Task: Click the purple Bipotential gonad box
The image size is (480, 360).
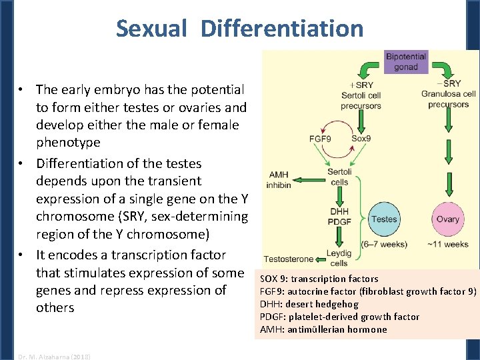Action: click(x=406, y=61)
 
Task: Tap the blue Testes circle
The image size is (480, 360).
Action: click(x=384, y=219)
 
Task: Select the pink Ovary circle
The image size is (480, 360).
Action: click(x=447, y=219)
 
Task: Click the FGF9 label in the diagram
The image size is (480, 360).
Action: click(x=322, y=139)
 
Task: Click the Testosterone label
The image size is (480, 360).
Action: click(x=289, y=259)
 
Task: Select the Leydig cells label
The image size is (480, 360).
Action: click(x=339, y=259)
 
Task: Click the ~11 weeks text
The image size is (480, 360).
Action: click(x=447, y=244)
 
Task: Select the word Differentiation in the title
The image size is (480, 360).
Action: click(x=282, y=29)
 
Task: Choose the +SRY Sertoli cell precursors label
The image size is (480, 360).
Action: click(x=361, y=95)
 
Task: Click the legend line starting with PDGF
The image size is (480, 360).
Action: click(x=339, y=317)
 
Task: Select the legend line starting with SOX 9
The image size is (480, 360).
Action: click(x=319, y=279)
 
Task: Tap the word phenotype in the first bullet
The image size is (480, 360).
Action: click(x=68, y=142)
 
